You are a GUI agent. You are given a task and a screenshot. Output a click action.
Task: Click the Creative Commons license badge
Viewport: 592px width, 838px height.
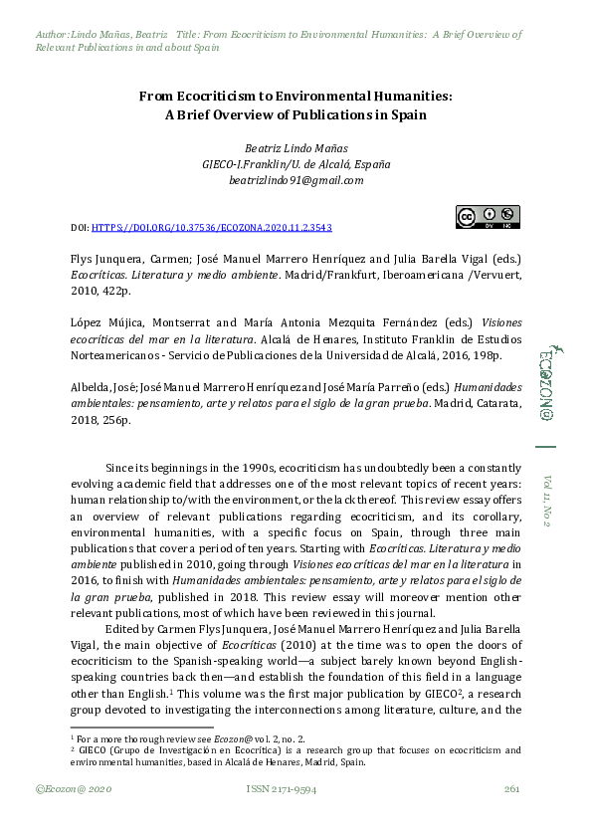click(488, 217)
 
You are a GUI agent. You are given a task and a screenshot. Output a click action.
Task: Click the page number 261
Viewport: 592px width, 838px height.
click(512, 789)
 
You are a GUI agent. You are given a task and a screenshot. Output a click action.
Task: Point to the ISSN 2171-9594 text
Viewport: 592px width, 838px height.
click(282, 789)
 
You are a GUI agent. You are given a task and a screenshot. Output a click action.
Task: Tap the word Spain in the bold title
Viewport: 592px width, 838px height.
click(408, 114)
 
